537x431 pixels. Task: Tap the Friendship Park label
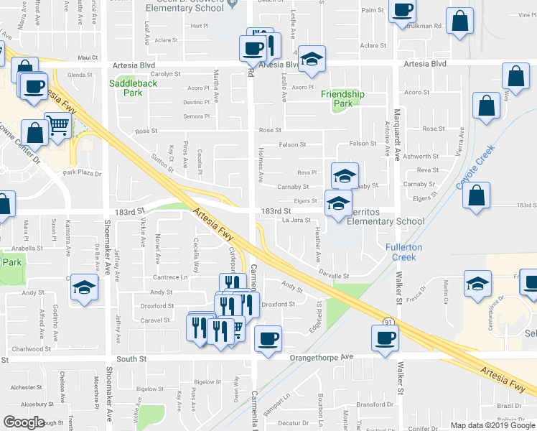click(x=342, y=99)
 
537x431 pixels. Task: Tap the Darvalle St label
click(x=334, y=276)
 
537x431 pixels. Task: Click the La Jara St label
click(x=296, y=221)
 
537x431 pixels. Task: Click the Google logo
click(x=24, y=422)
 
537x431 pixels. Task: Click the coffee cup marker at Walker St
click(x=384, y=337)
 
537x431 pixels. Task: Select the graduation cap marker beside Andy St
click(x=84, y=289)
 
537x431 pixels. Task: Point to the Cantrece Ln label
click(x=169, y=277)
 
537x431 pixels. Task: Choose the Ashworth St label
click(x=421, y=156)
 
